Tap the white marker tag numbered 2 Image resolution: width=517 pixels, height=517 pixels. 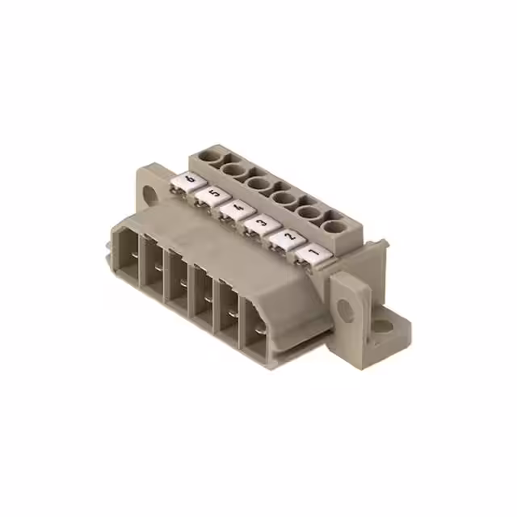(287, 238)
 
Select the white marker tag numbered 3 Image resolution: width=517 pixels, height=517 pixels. (260, 223)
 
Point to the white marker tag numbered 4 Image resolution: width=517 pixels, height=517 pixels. (236, 208)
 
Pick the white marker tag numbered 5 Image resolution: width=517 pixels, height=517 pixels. (212, 194)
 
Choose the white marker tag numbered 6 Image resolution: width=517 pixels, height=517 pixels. (190, 180)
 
